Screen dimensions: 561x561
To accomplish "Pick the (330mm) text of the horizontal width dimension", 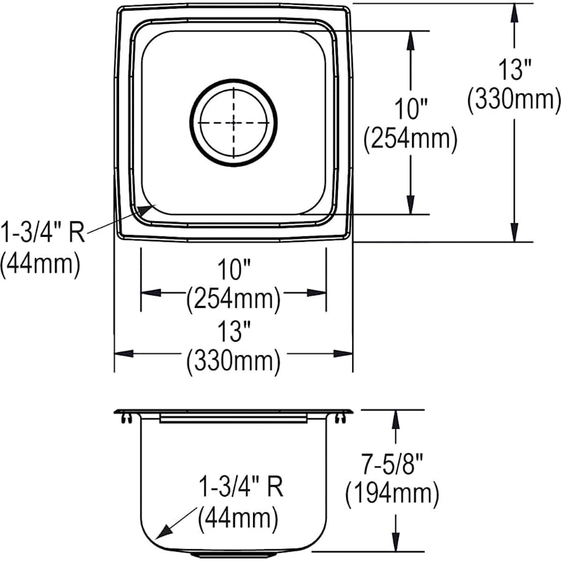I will click(x=233, y=360).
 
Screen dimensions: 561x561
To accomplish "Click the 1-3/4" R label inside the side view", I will click(x=241, y=487).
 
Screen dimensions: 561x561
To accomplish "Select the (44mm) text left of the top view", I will click(x=40, y=264).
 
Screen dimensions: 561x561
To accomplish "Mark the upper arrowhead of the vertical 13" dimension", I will click(x=514, y=12).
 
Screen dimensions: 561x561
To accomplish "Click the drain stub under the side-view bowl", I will click(x=233, y=553).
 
